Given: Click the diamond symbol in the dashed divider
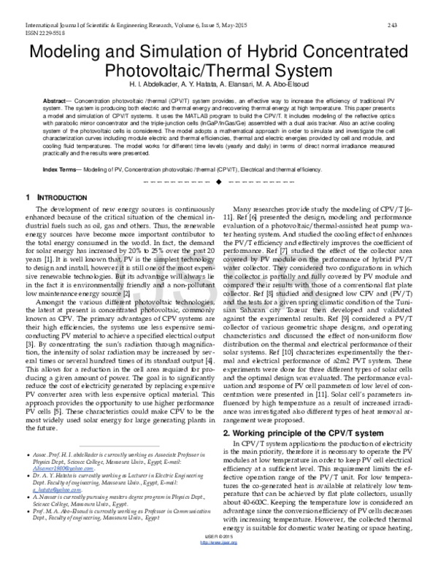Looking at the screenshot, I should point(219,179).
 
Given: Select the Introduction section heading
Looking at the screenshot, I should point(50,198).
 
